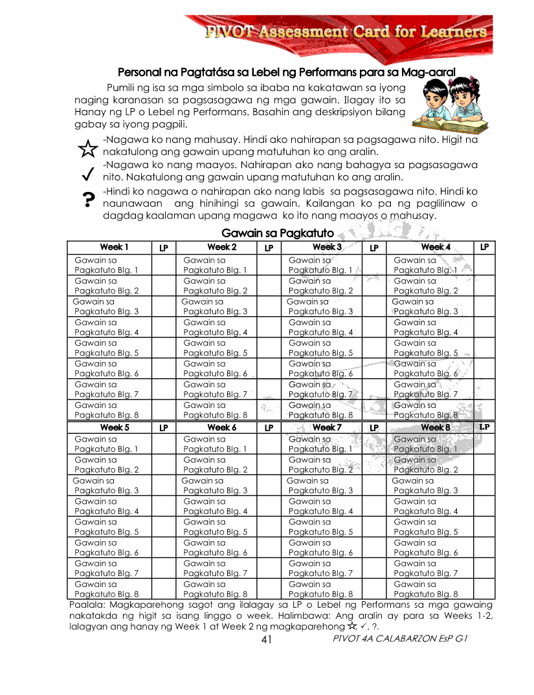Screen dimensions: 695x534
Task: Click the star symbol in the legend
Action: (87, 149)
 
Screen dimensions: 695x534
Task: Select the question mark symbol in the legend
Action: (87, 201)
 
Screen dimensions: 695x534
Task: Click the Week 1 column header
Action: (114, 247)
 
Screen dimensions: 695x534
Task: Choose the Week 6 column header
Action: (221, 427)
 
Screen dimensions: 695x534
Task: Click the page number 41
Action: (266, 639)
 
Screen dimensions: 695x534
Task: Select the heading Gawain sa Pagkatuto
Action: (278, 233)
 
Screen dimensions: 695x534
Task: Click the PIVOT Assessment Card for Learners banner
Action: (346, 32)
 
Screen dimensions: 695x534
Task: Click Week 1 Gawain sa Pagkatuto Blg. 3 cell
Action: (106, 306)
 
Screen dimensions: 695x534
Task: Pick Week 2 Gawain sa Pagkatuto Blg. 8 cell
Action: (216, 410)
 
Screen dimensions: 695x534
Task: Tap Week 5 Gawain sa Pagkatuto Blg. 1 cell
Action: (107, 444)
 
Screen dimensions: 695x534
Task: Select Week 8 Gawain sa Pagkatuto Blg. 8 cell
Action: (426, 588)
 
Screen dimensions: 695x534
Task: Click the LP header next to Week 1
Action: (163, 248)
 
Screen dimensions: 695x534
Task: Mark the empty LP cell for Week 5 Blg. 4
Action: (163, 506)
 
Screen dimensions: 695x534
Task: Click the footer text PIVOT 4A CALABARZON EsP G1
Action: (399, 639)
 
